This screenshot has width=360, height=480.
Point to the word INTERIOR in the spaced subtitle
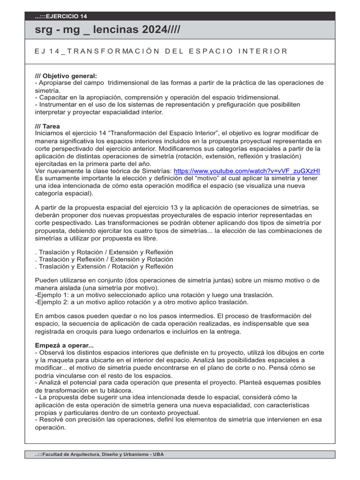click(264, 51)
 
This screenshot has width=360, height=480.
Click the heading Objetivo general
click(66, 75)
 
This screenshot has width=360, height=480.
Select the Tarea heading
click(47, 126)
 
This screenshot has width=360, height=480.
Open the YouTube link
click(247, 171)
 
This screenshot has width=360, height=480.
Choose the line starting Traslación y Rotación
click(104, 252)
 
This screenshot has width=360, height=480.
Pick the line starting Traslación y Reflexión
click(104, 259)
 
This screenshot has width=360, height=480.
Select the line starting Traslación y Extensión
click(104, 267)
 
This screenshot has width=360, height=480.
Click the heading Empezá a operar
click(64, 345)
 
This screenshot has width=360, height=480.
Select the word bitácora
click(120, 390)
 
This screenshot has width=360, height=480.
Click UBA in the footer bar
click(158, 455)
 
